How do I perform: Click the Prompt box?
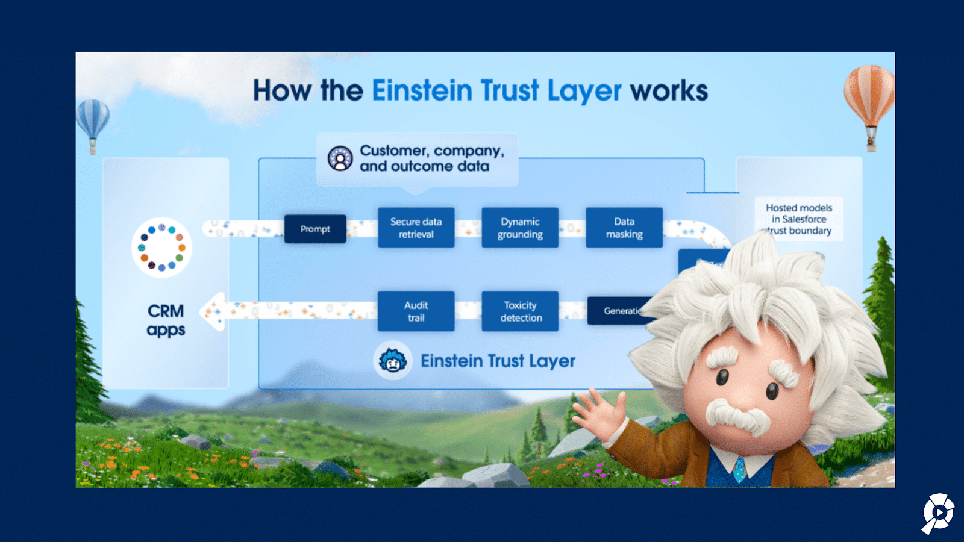coord(315,229)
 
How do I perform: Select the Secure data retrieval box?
coord(416,228)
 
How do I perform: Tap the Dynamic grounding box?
coord(520,228)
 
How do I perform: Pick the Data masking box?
coord(624,228)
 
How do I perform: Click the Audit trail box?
coord(416,311)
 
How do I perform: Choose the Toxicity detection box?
coord(520,311)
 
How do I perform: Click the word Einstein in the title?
coord(422,91)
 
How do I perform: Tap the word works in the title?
coord(669,91)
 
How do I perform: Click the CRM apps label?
coord(166,320)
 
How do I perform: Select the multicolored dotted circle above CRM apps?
coord(161,248)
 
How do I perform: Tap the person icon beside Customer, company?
coord(340,158)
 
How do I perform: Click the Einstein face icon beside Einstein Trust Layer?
coord(393,361)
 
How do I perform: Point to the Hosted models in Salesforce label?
coord(799,219)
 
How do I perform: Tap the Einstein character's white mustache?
coord(738,416)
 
